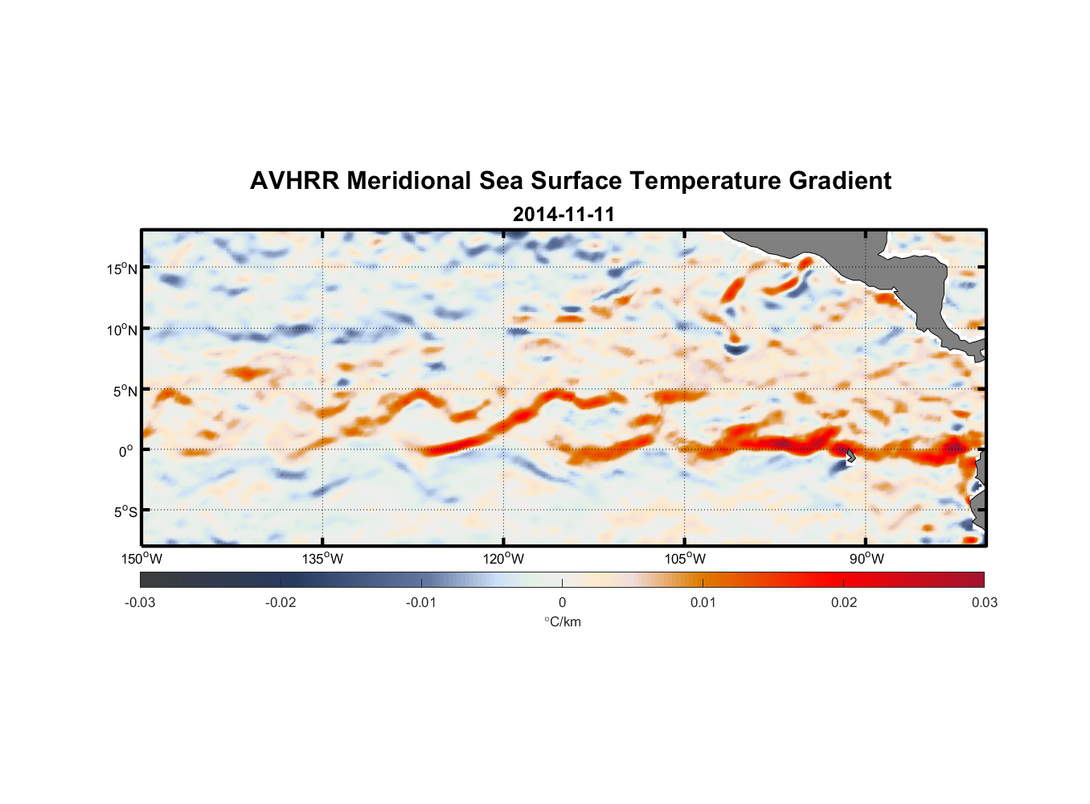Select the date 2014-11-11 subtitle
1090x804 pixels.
[x=563, y=215]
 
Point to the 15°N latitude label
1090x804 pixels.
[x=122, y=269]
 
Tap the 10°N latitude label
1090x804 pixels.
[x=122, y=330]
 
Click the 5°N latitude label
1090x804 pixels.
[x=125, y=392]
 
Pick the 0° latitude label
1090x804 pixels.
[x=126, y=452]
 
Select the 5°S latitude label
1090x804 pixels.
[x=125, y=512]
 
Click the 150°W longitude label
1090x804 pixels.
[x=141, y=559]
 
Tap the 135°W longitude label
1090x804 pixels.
[x=322, y=559]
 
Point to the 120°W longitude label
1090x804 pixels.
[x=503, y=559]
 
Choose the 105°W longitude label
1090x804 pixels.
[x=685, y=559]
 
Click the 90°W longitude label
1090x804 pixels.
[x=867, y=559]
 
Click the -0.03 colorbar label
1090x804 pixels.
[x=140, y=603]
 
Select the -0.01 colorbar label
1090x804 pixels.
[x=421, y=603]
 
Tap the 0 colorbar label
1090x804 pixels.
[x=562, y=603]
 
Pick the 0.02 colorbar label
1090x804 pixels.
[x=844, y=603]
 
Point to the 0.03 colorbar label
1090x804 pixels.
[x=984, y=603]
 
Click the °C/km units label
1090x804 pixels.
[x=563, y=621]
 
